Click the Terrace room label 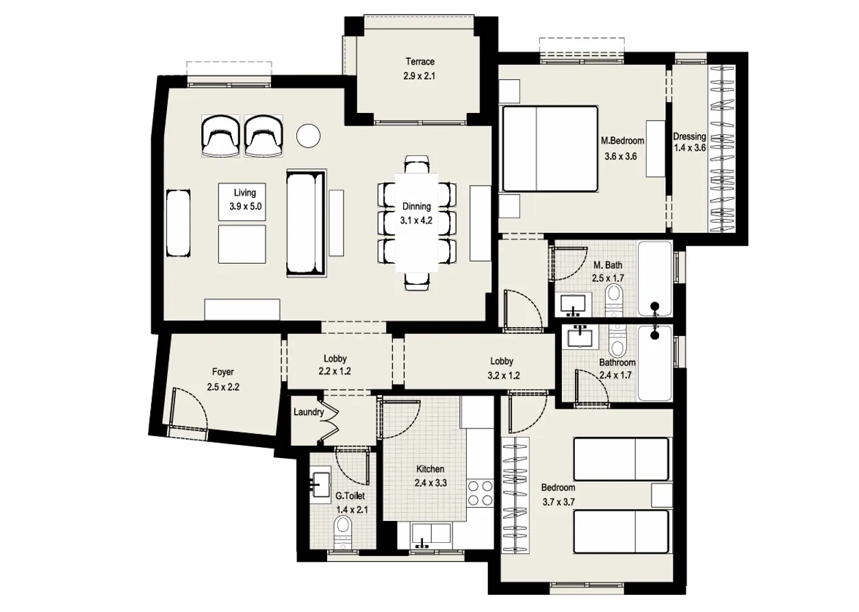[419, 62]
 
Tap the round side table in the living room [309, 136]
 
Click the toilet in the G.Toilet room [342, 531]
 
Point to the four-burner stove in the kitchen [480, 493]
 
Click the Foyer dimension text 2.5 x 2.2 [223, 387]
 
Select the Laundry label [308, 412]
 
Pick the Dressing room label [689, 136]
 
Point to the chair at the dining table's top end [417, 165]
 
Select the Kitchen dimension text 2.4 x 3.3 [431, 483]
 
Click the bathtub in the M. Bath [655, 278]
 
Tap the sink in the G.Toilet [320, 483]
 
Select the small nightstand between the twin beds [661, 494]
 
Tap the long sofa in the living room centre [307, 223]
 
